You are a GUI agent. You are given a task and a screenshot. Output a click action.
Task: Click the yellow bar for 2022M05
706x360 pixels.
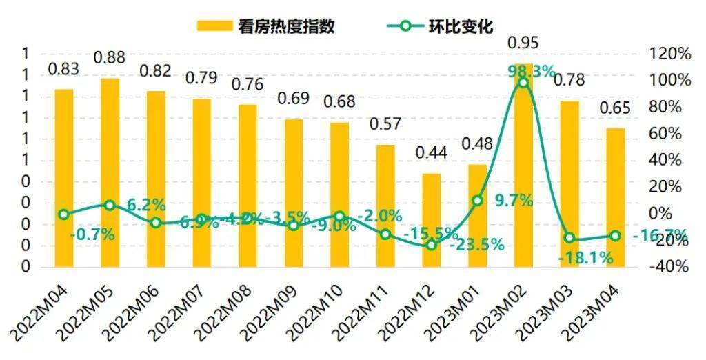[x=110, y=172]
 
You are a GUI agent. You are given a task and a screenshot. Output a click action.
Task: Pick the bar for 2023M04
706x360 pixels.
[x=615, y=197]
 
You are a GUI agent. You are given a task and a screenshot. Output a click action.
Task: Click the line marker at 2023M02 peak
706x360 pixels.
[x=523, y=83]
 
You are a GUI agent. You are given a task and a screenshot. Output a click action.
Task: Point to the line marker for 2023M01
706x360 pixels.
[x=477, y=201]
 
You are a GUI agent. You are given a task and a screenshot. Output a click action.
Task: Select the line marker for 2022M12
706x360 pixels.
[x=432, y=245]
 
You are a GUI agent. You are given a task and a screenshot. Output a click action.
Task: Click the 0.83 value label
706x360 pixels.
[x=63, y=70]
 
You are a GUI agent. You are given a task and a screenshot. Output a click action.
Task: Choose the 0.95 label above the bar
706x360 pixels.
[x=523, y=43]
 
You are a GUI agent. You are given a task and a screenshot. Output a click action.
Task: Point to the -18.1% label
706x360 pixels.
[x=585, y=258]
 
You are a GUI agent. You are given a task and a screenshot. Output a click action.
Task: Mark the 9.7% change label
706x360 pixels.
[x=514, y=201]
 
